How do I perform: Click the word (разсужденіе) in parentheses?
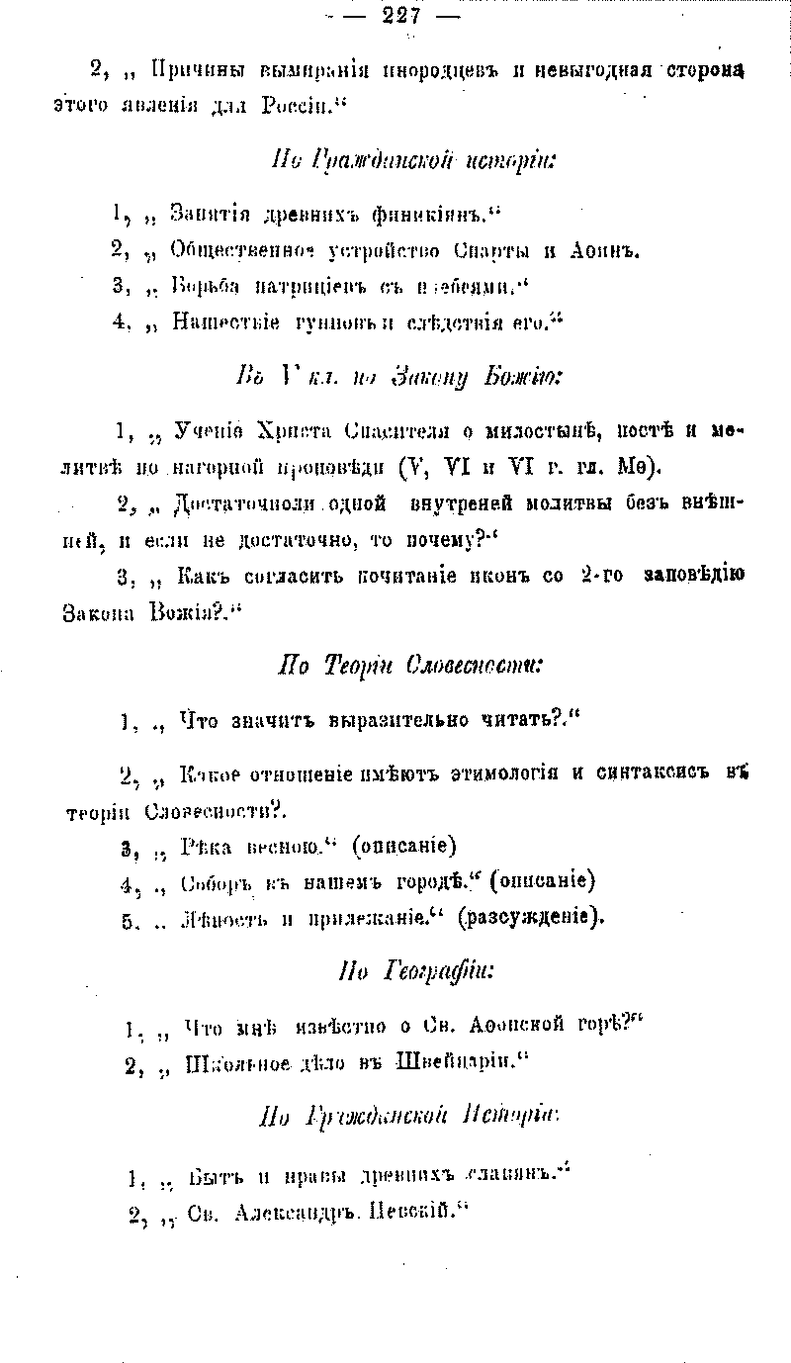tap(534, 917)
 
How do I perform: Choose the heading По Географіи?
tap(414, 971)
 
